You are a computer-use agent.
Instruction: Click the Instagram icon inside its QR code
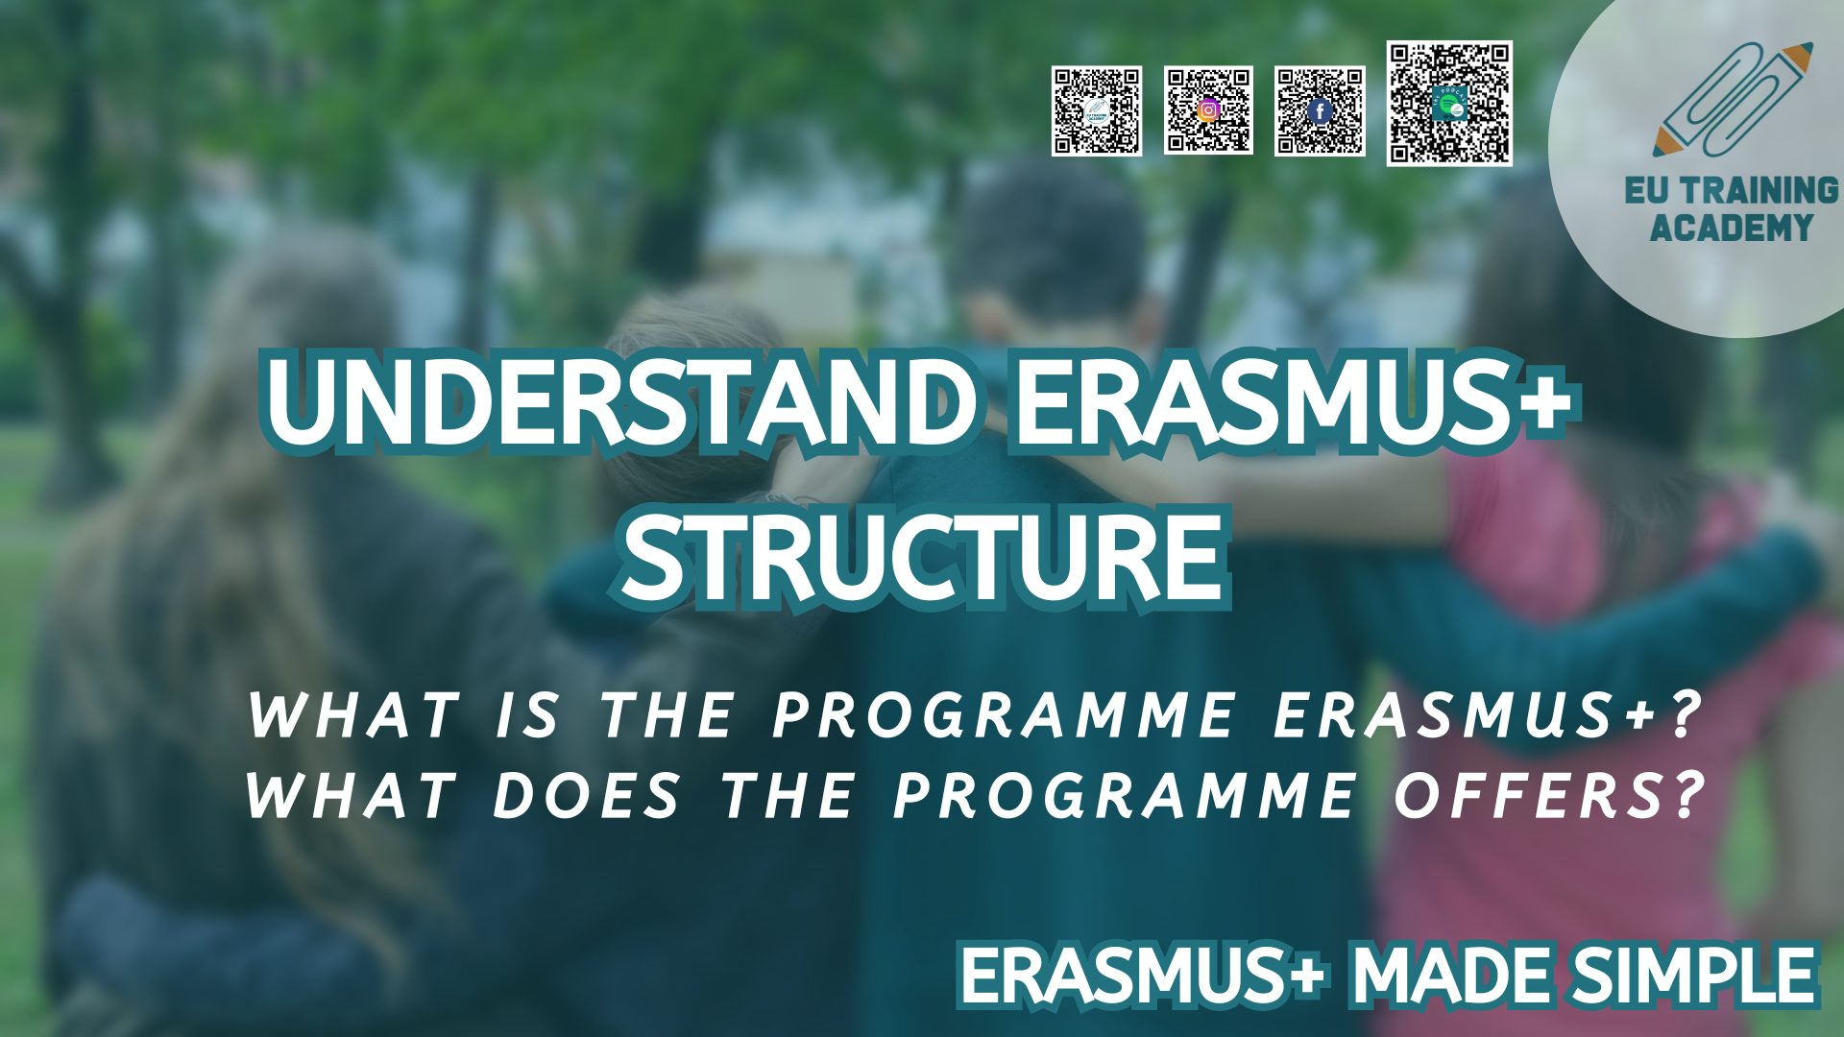[x=1208, y=109]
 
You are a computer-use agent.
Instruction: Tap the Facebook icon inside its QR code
[x=1320, y=111]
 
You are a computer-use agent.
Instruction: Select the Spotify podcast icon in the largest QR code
[x=1449, y=103]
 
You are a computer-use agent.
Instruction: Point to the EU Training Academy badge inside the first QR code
[x=1097, y=111]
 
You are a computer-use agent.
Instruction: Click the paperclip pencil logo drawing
[x=1734, y=99]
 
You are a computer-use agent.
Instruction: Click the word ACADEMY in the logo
[x=1731, y=229]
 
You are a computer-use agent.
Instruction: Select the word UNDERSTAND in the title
[x=620, y=399]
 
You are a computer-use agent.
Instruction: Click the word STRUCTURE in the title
[x=924, y=557]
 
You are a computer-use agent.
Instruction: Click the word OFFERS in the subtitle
[x=1528, y=796]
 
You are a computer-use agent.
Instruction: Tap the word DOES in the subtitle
[x=586, y=796]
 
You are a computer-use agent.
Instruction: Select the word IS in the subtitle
[x=527, y=715]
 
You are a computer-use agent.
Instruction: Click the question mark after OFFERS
[x=1687, y=796]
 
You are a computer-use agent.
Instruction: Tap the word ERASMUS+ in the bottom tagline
[x=1144, y=976]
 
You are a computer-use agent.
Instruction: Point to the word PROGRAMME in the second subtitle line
[x=1125, y=796]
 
